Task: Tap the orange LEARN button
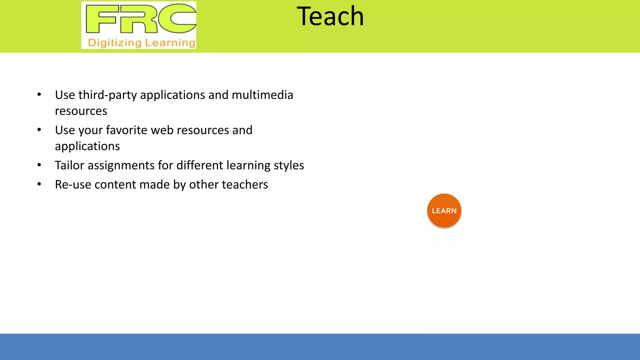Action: (444, 211)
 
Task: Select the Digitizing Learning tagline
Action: (142, 42)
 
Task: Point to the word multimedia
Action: (262, 95)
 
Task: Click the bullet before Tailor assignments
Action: (39, 165)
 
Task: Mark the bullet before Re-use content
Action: (39, 184)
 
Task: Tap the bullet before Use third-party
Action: (39, 95)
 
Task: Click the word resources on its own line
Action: (81, 111)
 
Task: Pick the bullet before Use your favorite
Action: (39, 130)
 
